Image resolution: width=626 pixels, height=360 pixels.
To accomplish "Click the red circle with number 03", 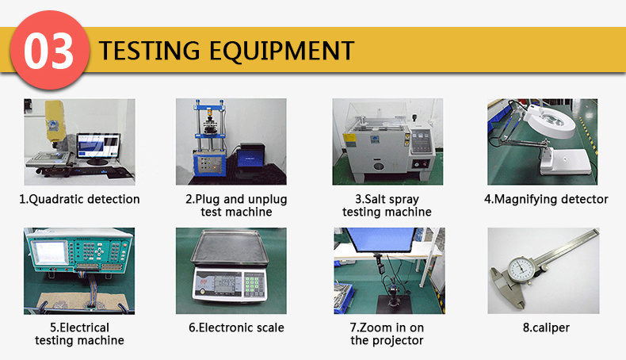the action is coord(49,50).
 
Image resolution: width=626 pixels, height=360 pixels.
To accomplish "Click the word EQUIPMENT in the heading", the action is coord(282,51).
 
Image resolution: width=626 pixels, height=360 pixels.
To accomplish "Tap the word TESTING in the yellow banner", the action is coord(149,51).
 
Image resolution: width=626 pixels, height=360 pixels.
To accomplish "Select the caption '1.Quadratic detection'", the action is coord(79,199).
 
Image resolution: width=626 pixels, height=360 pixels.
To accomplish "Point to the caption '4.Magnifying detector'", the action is coord(546,199).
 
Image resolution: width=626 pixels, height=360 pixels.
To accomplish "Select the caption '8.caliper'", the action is coord(546,327).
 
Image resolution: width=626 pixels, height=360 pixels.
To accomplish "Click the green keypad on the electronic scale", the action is coord(253,284).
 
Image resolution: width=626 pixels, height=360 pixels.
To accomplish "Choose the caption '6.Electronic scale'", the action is coord(236,327).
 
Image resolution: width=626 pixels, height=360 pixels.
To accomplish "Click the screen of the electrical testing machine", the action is coord(50,253).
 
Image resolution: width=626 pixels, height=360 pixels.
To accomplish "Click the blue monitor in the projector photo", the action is coord(380,239).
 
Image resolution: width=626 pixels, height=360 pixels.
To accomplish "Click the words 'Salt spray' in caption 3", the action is coord(387,199).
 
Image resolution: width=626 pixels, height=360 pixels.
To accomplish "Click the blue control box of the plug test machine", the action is coord(208,164).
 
